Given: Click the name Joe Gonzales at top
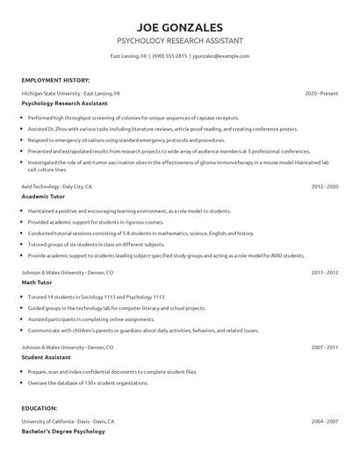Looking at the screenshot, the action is click(179, 26).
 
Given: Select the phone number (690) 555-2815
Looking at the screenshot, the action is click(169, 56).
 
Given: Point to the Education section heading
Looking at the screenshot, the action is click(40, 409).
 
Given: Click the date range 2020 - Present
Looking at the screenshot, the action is click(321, 92).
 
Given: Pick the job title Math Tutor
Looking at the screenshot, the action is click(37, 283).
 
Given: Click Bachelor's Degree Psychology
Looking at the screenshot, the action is click(63, 432).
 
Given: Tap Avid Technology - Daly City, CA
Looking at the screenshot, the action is click(57, 187).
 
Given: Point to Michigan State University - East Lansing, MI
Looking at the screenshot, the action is click(71, 92).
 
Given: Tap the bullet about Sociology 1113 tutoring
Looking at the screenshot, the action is click(97, 297).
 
